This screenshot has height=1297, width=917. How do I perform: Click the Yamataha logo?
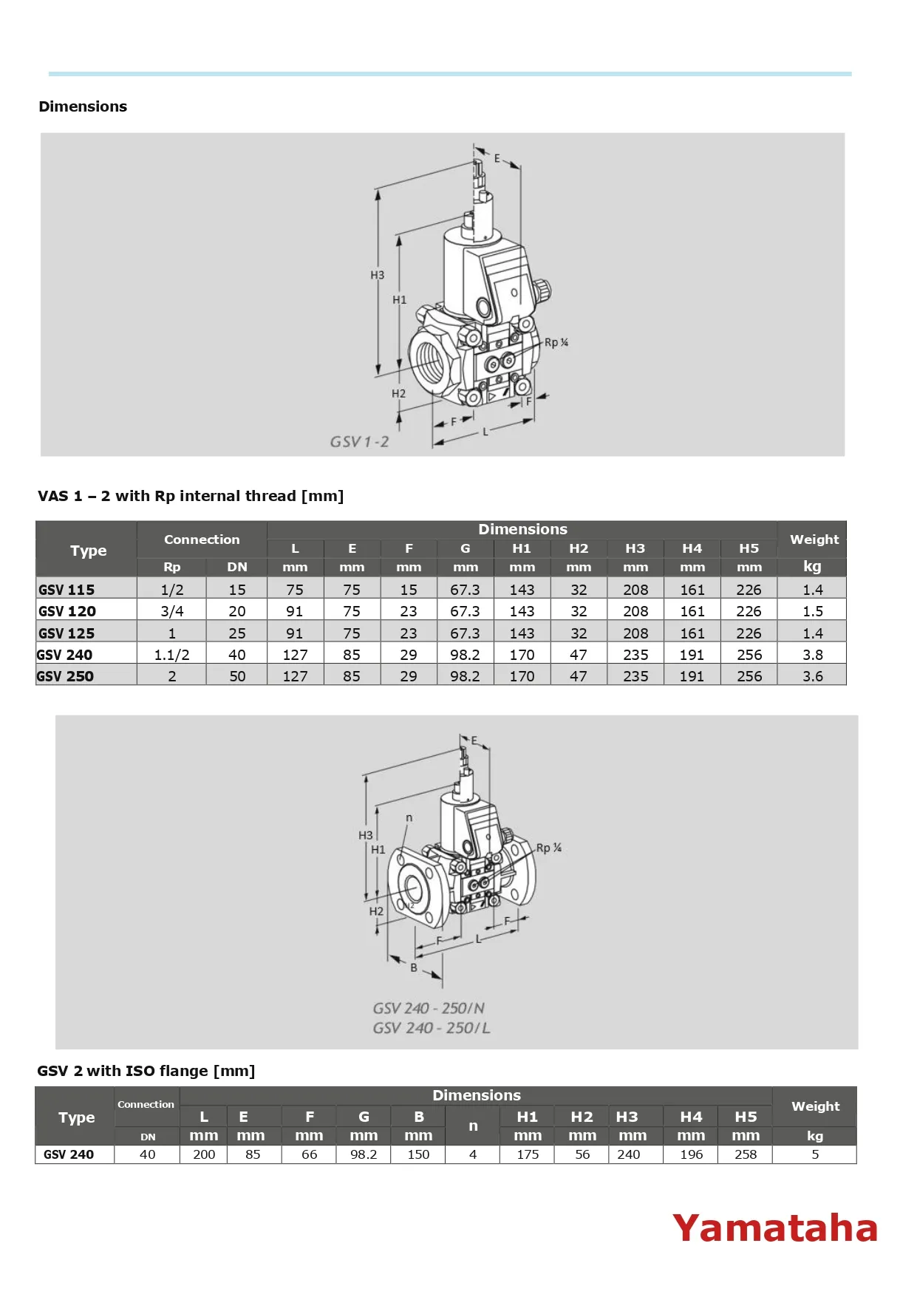(774, 1228)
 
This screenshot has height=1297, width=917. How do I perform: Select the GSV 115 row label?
(67, 590)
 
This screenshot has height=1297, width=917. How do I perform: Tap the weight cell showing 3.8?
(812, 655)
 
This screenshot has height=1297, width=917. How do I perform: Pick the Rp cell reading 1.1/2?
(171, 655)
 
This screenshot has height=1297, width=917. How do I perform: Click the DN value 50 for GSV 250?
(236, 676)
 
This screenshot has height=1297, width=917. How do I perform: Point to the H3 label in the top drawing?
(377, 275)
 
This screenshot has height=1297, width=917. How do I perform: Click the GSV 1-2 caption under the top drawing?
(359, 442)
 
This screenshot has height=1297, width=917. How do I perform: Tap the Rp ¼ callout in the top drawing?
(556, 343)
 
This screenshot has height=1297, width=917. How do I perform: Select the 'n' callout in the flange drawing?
(409, 818)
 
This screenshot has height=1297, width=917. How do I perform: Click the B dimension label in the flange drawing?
(414, 967)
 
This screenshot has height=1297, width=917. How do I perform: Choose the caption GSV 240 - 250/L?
(432, 1028)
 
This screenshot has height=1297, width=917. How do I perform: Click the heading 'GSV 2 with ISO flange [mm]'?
(146, 1071)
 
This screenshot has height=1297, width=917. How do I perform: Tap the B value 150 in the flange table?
(418, 1154)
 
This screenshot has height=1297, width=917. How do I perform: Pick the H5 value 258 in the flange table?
(745, 1154)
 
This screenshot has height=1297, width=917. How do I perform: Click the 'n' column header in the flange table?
(473, 1126)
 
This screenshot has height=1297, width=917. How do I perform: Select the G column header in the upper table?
(465, 548)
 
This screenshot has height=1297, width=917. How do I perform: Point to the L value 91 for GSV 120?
(294, 611)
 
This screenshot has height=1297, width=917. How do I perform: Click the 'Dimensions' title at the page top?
(83, 106)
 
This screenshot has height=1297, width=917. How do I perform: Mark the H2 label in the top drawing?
(398, 394)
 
